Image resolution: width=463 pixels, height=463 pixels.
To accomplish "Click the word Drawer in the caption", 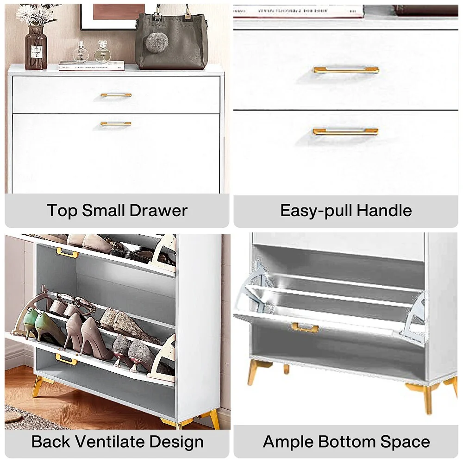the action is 158,211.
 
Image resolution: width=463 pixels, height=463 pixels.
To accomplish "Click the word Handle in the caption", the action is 384,211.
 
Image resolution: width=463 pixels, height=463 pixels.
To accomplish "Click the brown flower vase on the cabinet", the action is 36,47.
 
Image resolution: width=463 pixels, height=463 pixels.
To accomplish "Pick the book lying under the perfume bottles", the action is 92,66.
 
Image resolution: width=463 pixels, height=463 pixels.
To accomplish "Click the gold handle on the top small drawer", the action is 116,95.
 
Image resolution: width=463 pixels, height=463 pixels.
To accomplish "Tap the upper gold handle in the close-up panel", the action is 346,70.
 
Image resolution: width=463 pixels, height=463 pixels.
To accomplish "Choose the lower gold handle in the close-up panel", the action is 345,131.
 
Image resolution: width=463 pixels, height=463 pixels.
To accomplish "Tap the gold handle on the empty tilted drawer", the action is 305,327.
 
